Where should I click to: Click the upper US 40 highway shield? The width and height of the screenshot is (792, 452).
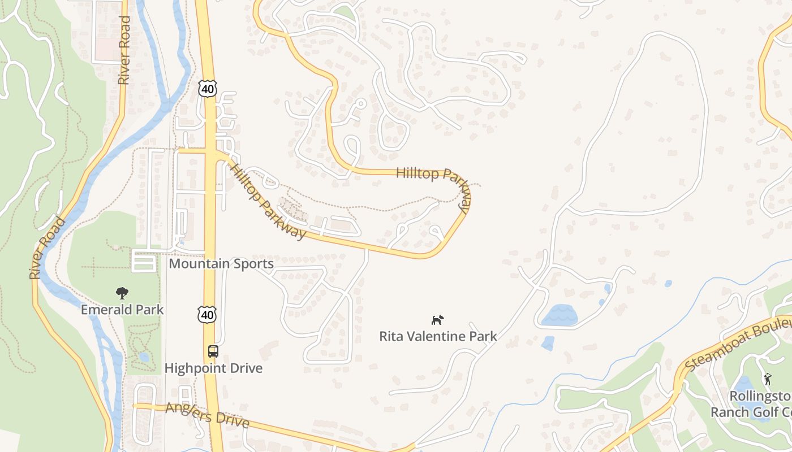[x=208, y=88]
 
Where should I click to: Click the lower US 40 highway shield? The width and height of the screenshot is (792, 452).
[x=207, y=315]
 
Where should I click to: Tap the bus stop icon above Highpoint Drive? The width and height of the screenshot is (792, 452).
[x=213, y=351]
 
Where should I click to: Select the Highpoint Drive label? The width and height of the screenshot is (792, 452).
[x=213, y=368]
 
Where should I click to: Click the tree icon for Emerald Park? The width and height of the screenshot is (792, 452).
[x=122, y=293]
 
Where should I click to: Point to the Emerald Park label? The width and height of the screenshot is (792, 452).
[x=122, y=310]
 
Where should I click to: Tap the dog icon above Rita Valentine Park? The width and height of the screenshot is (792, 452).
[x=437, y=320]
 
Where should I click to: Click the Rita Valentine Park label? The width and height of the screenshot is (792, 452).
[x=438, y=337]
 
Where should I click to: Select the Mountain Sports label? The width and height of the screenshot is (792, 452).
[x=221, y=264]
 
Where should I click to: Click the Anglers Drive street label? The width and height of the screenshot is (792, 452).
[x=207, y=415]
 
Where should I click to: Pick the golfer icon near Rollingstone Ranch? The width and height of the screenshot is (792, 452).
[x=768, y=379]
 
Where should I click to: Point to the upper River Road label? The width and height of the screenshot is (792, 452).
[x=124, y=51]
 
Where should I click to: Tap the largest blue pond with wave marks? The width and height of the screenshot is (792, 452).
[x=559, y=315]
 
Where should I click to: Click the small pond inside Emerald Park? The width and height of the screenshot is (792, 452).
[x=144, y=357]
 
